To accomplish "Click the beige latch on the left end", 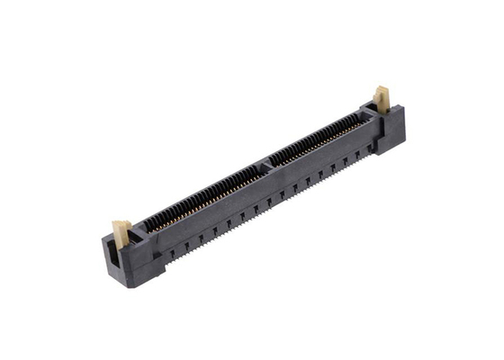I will (121, 230).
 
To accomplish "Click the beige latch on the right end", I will (382, 98).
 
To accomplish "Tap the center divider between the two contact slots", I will (265, 165).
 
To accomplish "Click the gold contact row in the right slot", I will (315, 139).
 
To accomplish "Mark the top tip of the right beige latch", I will (382, 88).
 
